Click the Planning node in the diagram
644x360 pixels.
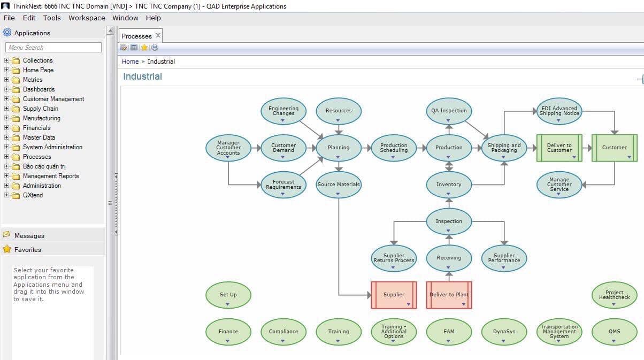[x=339, y=148]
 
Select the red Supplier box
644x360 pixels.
[x=394, y=295]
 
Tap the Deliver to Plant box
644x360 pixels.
[x=449, y=295]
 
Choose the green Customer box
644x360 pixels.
[x=615, y=148]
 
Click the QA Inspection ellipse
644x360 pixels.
[x=449, y=111]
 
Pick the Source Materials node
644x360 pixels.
[x=339, y=185]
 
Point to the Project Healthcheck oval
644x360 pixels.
[x=615, y=295]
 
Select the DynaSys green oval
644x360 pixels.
[x=504, y=332]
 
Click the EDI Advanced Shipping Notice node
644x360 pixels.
[x=559, y=111]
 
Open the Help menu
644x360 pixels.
[x=153, y=18]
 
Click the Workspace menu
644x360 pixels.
[x=87, y=18]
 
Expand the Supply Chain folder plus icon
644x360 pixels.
[x=6, y=109]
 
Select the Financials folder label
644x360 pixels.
[x=37, y=128]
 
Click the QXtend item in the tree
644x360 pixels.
[x=33, y=195]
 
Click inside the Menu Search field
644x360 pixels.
[x=53, y=48]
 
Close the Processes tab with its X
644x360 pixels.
[x=158, y=36]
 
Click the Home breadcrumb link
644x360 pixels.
[x=130, y=62]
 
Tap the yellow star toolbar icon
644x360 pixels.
[x=144, y=48]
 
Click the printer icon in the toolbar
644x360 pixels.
[x=155, y=48]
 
